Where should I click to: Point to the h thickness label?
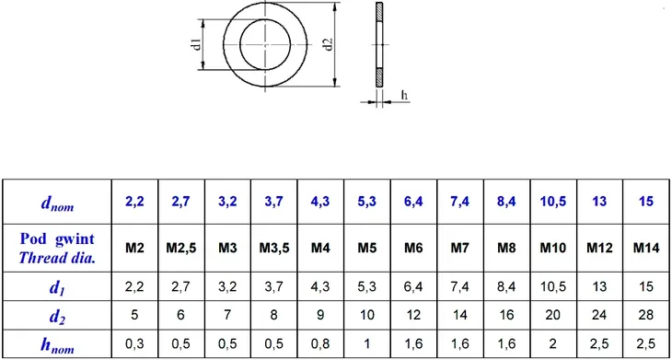tap(404, 94)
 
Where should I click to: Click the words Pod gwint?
tap(57, 238)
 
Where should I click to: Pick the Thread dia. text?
tap(57, 257)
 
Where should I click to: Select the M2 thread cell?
tap(135, 248)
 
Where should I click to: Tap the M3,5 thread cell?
tap(274, 248)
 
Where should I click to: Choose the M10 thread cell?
tap(551, 248)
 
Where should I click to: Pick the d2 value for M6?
tap(412, 315)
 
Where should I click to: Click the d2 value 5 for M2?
tap(135, 315)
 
